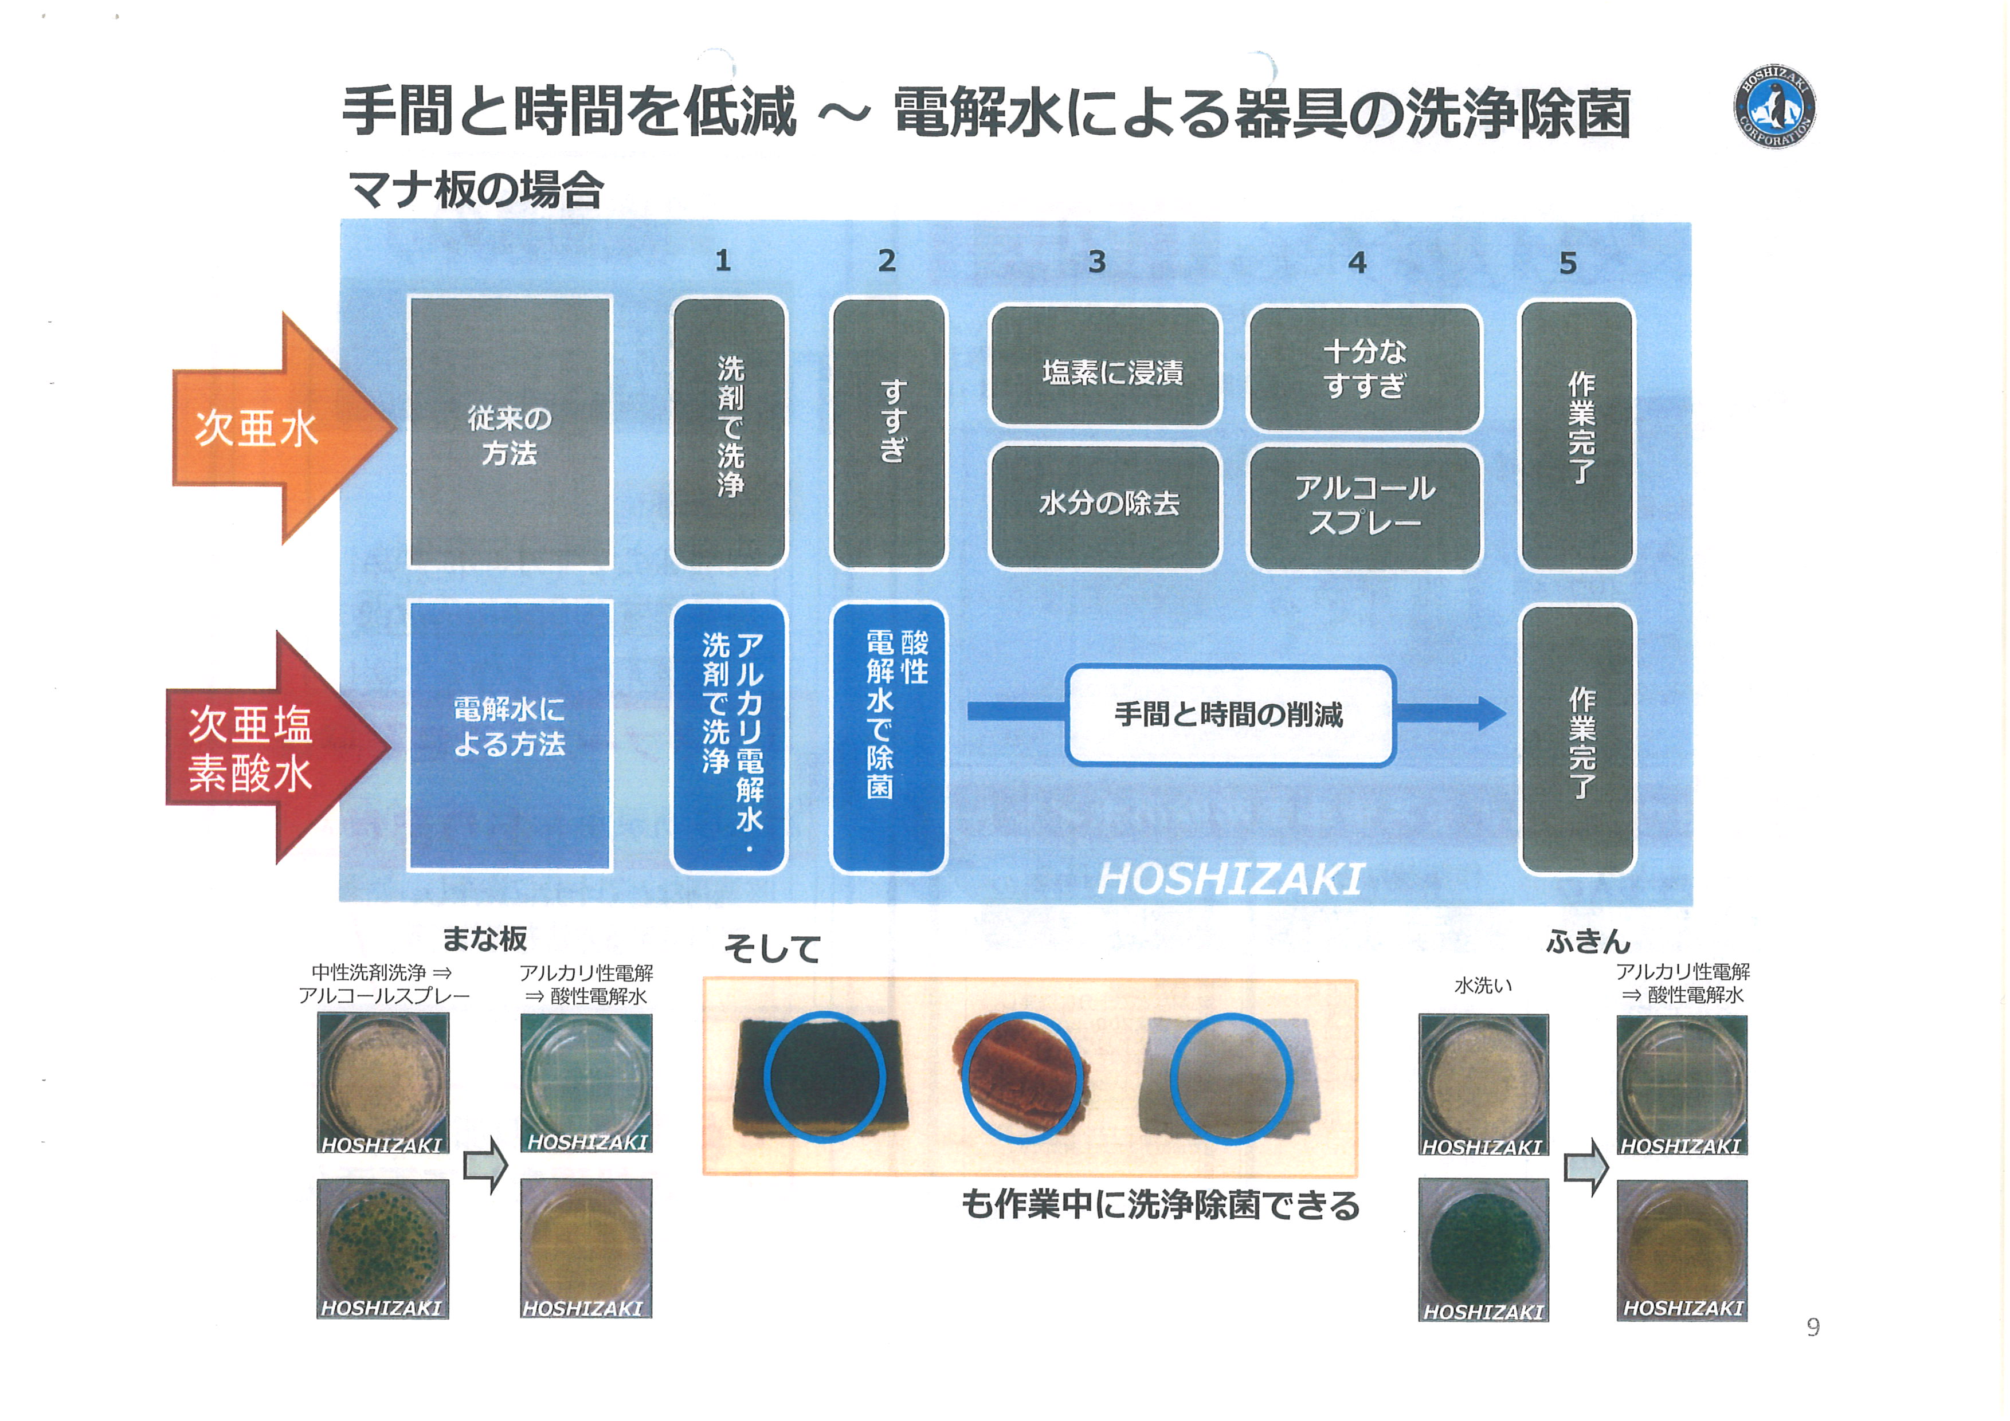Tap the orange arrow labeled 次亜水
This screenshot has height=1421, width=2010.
click(x=272, y=429)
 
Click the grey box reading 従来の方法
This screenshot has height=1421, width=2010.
click(x=510, y=434)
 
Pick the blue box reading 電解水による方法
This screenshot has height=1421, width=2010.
click(x=510, y=735)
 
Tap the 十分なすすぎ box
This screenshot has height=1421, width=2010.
click(x=1364, y=368)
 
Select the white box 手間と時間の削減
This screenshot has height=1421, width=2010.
click(x=1229, y=715)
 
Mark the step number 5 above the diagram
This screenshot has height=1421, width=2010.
click(x=1568, y=262)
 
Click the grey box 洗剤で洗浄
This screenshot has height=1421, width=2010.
click(x=729, y=432)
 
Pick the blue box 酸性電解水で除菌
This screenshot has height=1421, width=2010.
click(x=888, y=737)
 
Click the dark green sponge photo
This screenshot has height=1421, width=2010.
click(x=821, y=1078)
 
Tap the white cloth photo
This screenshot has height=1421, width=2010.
click(x=1230, y=1078)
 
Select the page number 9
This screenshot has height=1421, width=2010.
click(x=1813, y=1328)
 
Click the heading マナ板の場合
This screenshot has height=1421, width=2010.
click(x=476, y=190)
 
